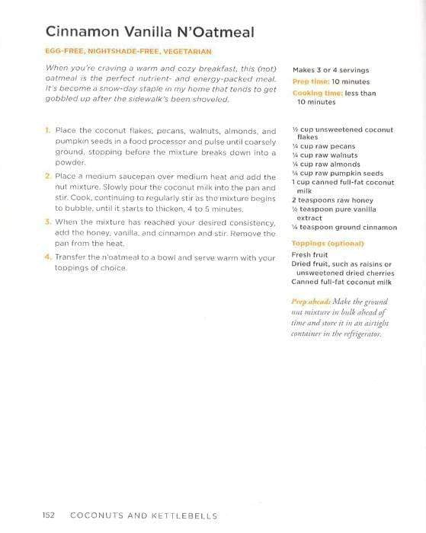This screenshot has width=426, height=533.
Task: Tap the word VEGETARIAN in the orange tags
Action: click(x=184, y=52)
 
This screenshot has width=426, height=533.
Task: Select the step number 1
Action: click(x=47, y=131)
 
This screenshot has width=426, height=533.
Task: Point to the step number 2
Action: click(x=47, y=177)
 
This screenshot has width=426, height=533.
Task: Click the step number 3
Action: click(x=47, y=222)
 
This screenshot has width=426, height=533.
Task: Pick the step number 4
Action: click(x=47, y=257)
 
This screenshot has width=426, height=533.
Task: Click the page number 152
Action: click(x=49, y=515)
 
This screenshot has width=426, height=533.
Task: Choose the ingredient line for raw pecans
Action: click(x=324, y=145)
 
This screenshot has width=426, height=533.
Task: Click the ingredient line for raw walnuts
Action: click(x=325, y=155)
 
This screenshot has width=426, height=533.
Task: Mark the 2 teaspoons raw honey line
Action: click(x=328, y=200)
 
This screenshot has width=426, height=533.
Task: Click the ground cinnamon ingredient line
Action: click(x=344, y=227)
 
